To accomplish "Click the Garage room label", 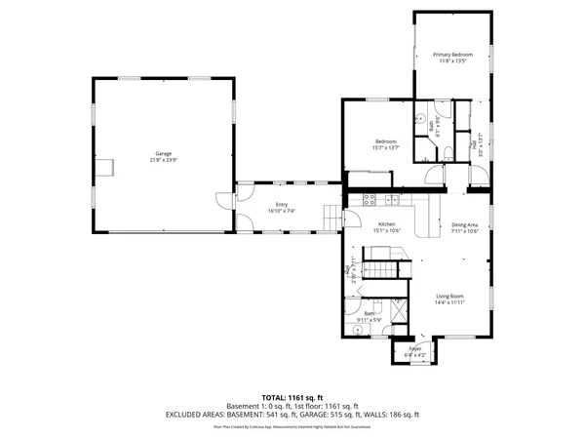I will point(163,154).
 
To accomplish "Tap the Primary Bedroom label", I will point(452,55).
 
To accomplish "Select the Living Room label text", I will point(448,296).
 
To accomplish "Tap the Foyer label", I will point(414,349).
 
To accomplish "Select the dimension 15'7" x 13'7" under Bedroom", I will point(387,148).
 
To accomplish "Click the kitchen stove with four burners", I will point(370,200).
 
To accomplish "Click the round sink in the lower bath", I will point(357,330).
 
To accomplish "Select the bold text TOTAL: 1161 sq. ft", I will point(292,397).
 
